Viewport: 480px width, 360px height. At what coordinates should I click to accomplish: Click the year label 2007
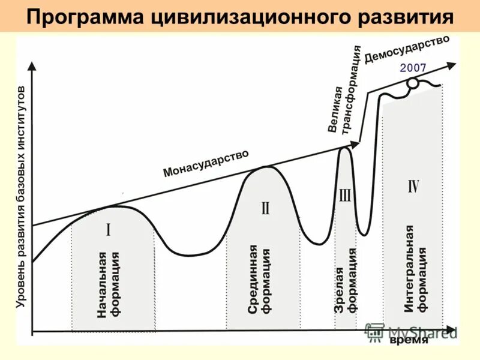(413, 68)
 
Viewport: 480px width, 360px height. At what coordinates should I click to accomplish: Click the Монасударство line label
(206, 163)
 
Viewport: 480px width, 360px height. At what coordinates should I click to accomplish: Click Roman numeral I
(109, 230)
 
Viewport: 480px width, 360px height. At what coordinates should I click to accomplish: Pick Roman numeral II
(265, 208)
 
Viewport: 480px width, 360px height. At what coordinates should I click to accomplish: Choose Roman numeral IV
(413, 186)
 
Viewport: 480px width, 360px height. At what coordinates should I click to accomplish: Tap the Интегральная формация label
(416, 269)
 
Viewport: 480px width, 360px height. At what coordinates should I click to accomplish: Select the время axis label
(409, 340)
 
